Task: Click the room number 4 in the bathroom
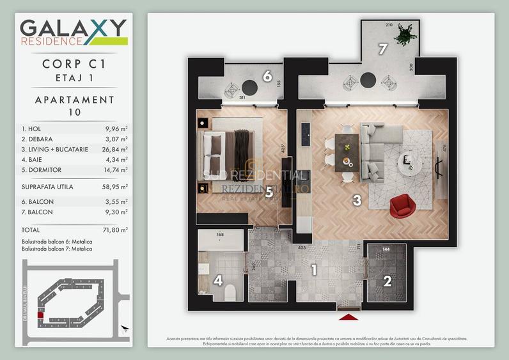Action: tap(218, 280)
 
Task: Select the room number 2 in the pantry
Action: tap(388, 280)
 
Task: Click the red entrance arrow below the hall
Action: tap(348, 317)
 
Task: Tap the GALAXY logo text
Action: tap(73, 29)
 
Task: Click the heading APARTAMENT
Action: tap(75, 100)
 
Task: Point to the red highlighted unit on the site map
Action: tap(40, 315)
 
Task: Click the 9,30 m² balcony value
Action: tap(117, 212)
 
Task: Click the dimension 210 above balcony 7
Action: tap(389, 25)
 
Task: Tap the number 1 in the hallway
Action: tap(314, 270)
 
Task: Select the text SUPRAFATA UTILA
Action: tap(47, 187)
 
